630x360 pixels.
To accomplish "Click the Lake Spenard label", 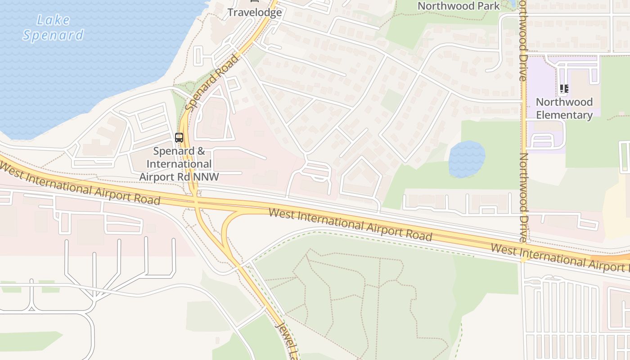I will coord(53,27).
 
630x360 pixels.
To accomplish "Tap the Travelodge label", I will coord(255,12).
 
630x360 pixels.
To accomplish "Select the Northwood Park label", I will coord(459,6).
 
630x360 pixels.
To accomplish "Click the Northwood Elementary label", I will coord(564,108).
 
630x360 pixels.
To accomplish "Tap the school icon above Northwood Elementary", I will coord(564,89).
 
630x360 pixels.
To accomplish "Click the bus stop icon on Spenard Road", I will coord(179,138).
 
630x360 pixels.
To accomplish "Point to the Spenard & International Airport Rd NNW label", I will coord(179,164).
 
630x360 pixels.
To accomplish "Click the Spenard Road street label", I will coord(211,83).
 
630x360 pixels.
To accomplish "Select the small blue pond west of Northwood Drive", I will coord(467,159).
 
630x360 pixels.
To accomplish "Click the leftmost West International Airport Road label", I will coord(80,184).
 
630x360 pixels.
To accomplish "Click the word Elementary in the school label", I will coord(564,115).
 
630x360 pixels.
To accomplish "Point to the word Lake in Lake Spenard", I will coord(54,20).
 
